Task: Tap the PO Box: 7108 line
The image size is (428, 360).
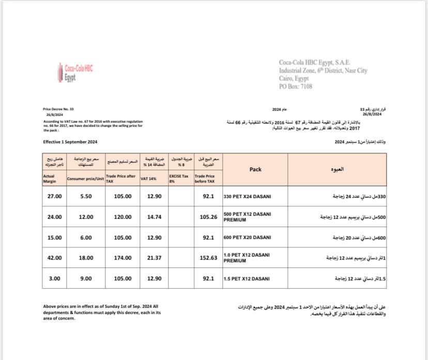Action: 296,87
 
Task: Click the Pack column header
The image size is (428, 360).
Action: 255,169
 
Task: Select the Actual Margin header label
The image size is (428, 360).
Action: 50,178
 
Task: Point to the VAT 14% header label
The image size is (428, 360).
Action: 148,178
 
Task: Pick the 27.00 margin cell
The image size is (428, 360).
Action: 54,197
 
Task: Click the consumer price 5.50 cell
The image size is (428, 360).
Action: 86,197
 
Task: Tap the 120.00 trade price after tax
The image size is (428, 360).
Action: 123,217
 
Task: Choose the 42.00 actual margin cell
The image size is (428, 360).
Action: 54,258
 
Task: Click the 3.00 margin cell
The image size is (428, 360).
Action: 54,279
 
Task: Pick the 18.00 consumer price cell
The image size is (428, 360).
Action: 86,258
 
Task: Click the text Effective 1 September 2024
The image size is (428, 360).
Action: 70,142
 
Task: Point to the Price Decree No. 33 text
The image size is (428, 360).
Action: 58,109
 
